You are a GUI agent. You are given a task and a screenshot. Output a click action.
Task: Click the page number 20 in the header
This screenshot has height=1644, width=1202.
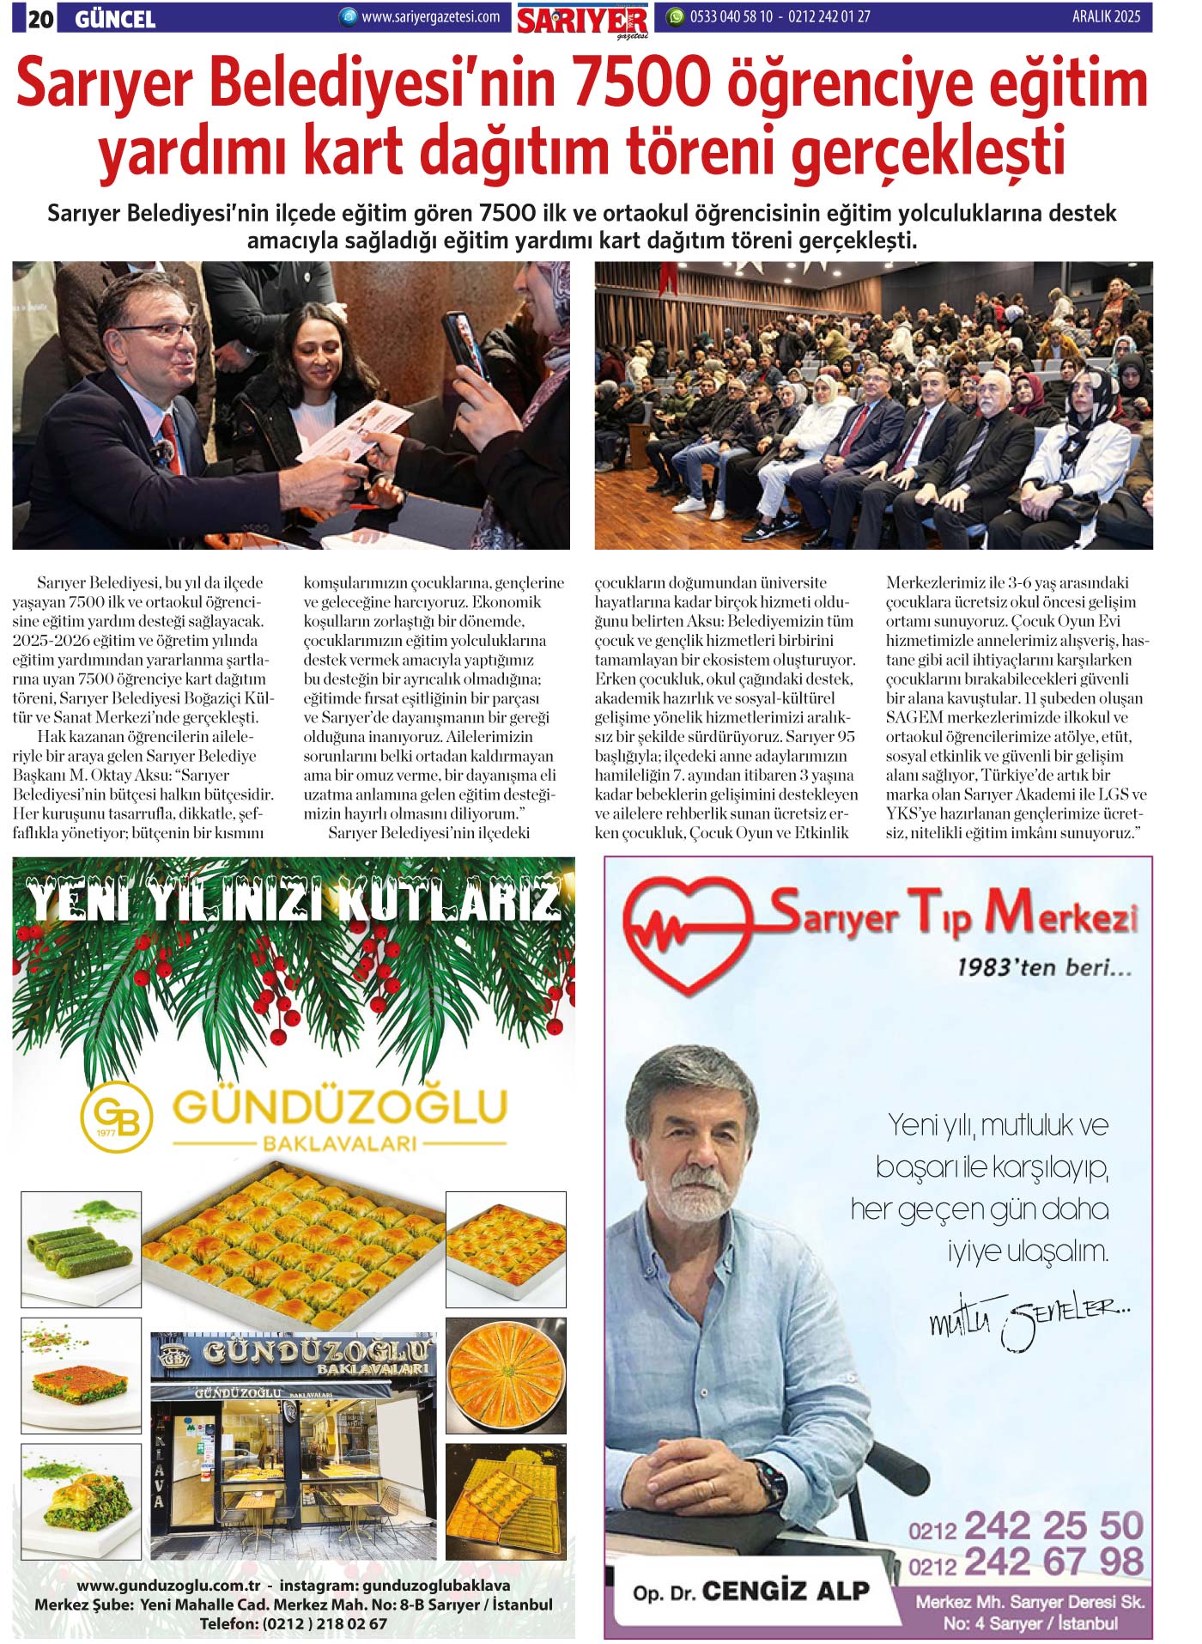(40, 18)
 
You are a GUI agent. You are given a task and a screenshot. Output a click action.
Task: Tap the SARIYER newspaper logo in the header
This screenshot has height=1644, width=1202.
(582, 21)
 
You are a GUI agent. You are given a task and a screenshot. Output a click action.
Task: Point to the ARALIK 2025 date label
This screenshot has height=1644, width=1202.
(1106, 16)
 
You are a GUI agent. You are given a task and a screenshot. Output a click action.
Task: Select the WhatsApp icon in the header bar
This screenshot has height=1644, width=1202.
(676, 16)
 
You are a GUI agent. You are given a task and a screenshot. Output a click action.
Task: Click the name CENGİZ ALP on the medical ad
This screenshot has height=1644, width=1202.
(785, 1591)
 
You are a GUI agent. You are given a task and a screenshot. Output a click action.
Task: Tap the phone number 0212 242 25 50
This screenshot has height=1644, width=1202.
(1026, 1526)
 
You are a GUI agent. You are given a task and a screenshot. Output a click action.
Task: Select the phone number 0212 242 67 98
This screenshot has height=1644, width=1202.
(1026, 1562)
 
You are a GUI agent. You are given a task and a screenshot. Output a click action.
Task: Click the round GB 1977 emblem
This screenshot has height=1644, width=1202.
(116, 1117)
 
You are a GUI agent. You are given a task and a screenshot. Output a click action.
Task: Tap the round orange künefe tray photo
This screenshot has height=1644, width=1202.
(506, 1375)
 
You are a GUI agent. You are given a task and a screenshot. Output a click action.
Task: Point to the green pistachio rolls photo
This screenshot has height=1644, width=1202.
(81, 1247)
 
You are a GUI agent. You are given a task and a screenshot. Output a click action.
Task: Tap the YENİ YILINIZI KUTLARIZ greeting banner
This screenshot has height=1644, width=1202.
(294, 901)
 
